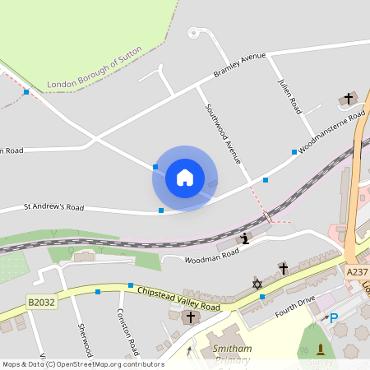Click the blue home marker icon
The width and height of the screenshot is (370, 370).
[x=185, y=178]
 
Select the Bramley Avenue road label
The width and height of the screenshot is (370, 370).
[x=240, y=65]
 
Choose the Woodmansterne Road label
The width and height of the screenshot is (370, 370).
[x=332, y=133]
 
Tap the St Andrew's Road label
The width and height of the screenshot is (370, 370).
[x=53, y=206]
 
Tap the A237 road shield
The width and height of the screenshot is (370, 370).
[x=356, y=272]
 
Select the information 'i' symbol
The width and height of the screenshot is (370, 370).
[x=244, y=239]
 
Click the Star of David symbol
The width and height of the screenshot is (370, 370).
[x=257, y=284]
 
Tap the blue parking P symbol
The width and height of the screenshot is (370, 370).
[x=333, y=317]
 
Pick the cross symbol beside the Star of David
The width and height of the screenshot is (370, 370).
[x=284, y=268]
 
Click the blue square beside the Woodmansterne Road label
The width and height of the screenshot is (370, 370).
[x=294, y=152]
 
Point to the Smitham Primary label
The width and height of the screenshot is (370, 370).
[x=233, y=354]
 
